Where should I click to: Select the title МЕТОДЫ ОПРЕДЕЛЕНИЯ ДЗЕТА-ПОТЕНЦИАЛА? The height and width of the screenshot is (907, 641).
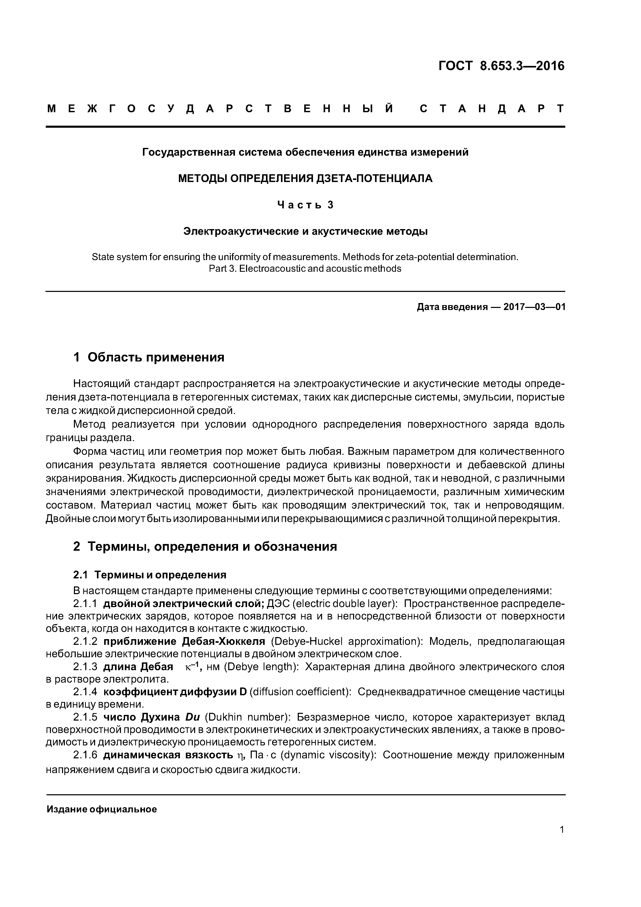(x=305, y=179)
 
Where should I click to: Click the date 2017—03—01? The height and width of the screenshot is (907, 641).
(x=534, y=307)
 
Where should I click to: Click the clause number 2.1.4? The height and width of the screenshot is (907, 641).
(x=85, y=692)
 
